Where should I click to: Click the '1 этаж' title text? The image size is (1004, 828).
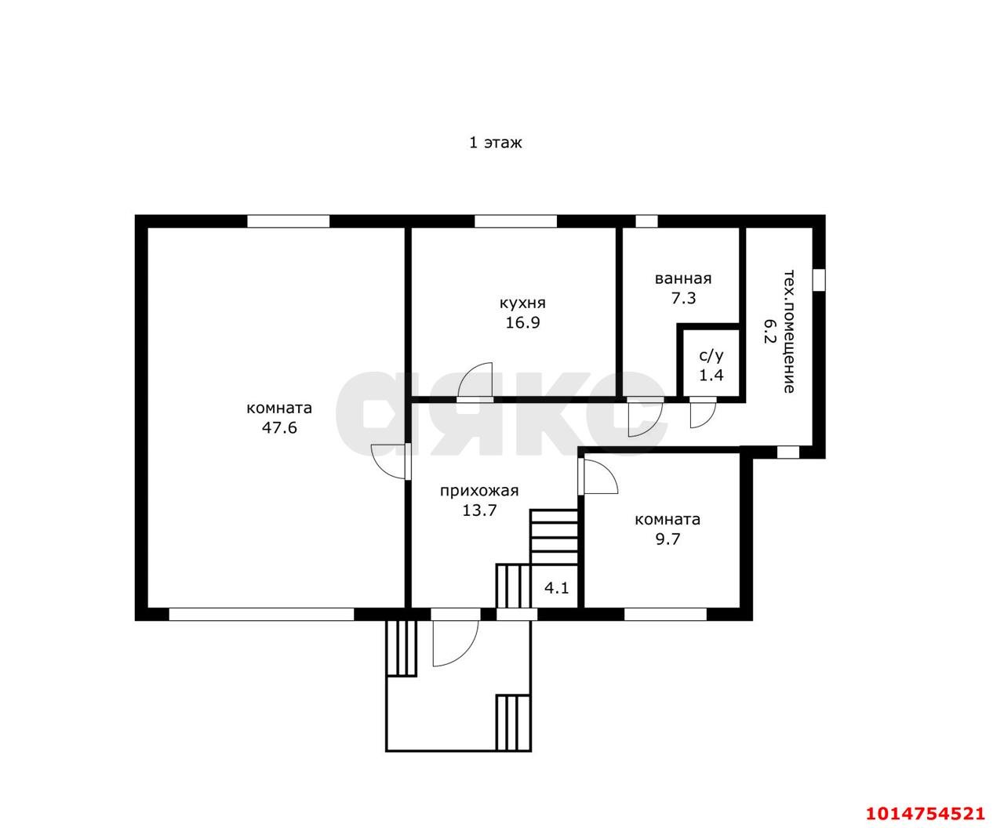point(495,143)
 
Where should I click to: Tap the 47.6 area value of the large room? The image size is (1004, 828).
point(279,427)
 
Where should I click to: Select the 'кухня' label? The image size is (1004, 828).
point(522,303)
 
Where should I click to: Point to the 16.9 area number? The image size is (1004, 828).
point(522,322)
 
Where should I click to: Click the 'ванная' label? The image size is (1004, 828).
point(683,279)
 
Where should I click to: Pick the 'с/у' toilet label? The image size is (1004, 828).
point(711,356)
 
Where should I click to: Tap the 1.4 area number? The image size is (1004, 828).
point(711,375)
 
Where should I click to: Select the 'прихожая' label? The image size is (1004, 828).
point(479,491)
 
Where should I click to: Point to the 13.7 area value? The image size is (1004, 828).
point(479,510)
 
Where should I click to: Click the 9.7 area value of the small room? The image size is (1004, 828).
point(668,539)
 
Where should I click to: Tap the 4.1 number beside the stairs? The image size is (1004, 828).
point(557,588)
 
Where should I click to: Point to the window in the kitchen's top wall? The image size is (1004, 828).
point(515,221)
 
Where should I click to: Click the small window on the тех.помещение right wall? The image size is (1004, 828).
point(819,279)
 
